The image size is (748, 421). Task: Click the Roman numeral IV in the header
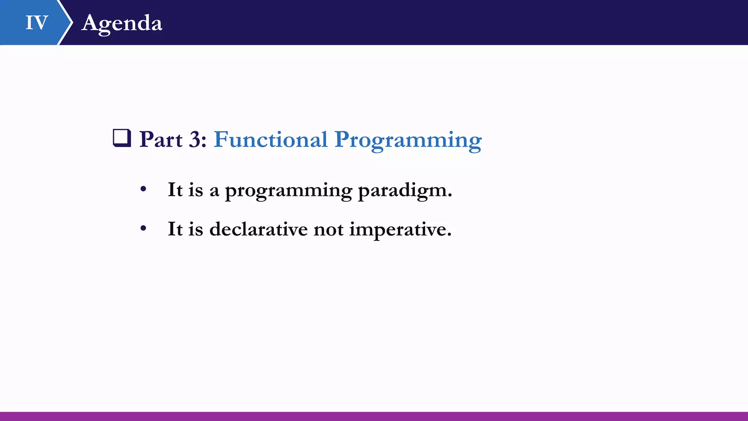pyautogui.click(x=37, y=23)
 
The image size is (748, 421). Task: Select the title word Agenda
pyautogui.click(x=122, y=24)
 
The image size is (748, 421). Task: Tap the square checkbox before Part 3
pyautogui.click(x=122, y=138)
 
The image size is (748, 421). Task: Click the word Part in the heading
pyautogui.click(x=161, y=140)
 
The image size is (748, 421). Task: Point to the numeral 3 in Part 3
pyautogui.click(x=195, y=140)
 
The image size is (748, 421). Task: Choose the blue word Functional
pyautogui.click(x=271, y=139)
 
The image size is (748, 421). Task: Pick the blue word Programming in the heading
pyautogui.click(x=408, y=141)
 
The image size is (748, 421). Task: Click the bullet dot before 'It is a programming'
pyautogui.click(x=143, y=189)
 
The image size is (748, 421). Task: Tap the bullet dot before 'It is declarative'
pyautogui.click(x=143, y=229)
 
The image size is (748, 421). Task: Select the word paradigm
pyautogui.click(x=402, y=191)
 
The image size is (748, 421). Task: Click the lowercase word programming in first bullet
pyautogui.click(x=289, y=191)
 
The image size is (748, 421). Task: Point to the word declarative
pyautogui.click(x=259, y=229)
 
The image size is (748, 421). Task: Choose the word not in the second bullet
pyautogui.click(x=328, y=230)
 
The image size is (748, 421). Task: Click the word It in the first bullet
pyautogui.click(x=175, y=190)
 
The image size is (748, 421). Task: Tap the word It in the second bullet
pyautogui.click(x=175, y=230)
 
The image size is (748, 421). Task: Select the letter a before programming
pyautogui.click(x=214, y=192)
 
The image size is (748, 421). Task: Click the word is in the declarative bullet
pyautogui.click(x=195, y=230)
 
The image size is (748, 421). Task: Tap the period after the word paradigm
pyautogui.click(x=450, y=196)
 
